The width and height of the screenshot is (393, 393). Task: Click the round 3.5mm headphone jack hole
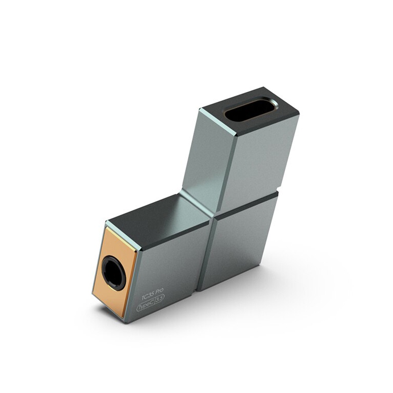pyautogui.click(x=114, y=272)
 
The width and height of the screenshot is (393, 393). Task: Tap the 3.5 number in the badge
pyautogui.click(x=160, y=301)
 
